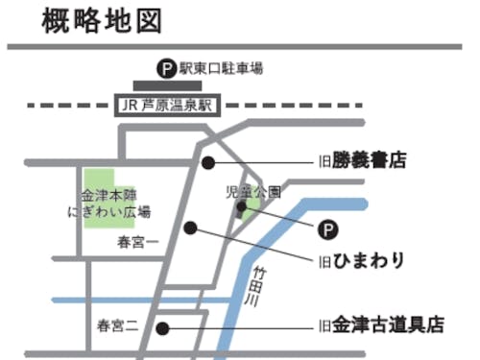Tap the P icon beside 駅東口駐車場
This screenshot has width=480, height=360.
pyautogui.click(x=166, y=68)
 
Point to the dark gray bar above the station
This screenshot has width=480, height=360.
pyautogui.click(x=167, y=85)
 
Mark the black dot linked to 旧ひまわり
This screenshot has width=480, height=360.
pyautogui.click(x=190, y=228)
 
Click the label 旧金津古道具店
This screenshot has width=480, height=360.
pyautogui.click(x=381, y=326)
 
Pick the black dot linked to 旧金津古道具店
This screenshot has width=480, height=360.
pyautogui.click(x=162, y=327)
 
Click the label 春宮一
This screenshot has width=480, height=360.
pyautogui.click(x=137, y=242)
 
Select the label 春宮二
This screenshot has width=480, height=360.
pyautogui.click(x=117, y=326)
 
